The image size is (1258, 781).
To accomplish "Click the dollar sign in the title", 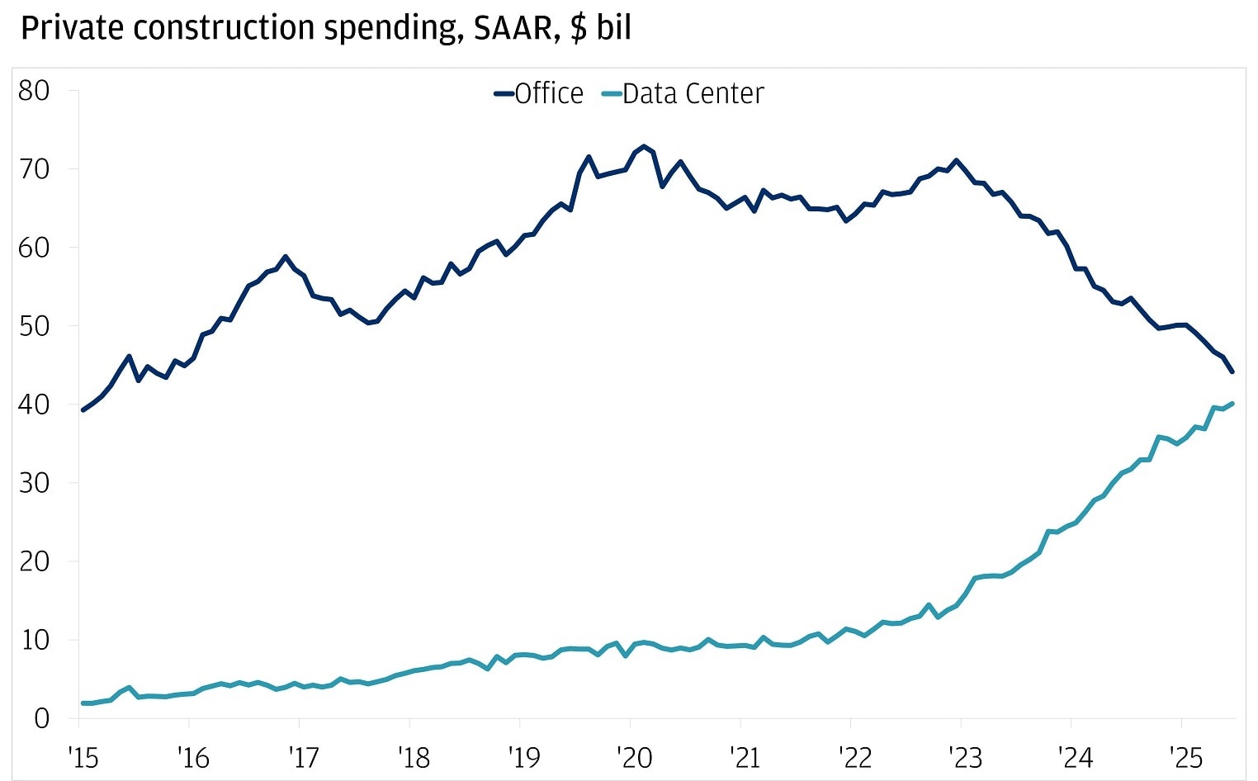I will click(x=579, y=28).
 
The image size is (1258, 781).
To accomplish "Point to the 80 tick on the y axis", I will click(x=34, y=91).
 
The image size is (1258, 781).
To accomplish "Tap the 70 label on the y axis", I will click(x=34, y=169).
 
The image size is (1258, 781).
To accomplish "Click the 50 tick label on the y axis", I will click(x=34, y=326).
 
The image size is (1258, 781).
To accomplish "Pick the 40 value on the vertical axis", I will click(x=34, y=405).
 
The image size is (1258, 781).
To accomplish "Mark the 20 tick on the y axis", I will click(x=34, y=561).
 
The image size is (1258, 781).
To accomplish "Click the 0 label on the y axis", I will click(x=41, y=718).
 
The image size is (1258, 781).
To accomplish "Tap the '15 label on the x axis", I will click(x=84, y=757).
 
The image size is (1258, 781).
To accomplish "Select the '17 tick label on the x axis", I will click(x=305, y=757).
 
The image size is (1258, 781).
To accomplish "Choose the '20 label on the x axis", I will click(x=635, y=757).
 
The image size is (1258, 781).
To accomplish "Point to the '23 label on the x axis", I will click(x=965, y=757).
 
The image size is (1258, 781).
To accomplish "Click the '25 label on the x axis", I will click(x=1185, y=757).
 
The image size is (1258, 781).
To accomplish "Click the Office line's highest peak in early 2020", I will click(x=644, y=146).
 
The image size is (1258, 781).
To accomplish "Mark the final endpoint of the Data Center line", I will click(x=1232, y=403).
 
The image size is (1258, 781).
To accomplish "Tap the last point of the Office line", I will click(x=1232, y=372).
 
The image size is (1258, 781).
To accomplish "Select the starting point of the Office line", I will click(x=83, y=409).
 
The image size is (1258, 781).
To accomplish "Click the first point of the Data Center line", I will click(x=83, y=703).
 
